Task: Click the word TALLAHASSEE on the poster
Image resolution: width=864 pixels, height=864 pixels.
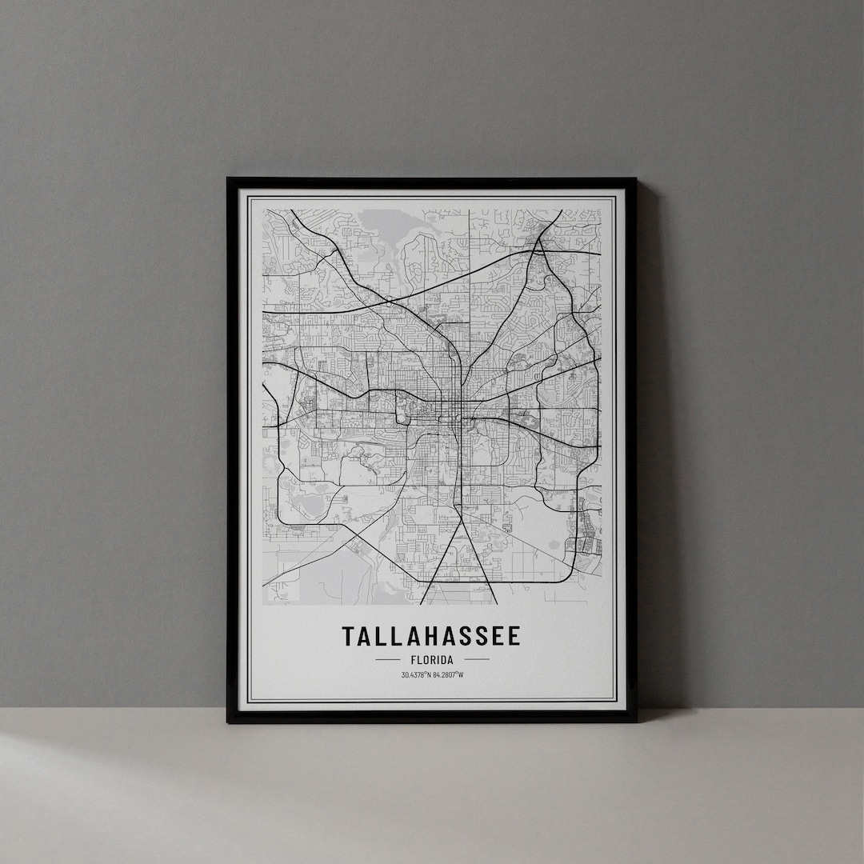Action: coord(431,637)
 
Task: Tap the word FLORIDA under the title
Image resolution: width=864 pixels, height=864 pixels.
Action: coord(432,660)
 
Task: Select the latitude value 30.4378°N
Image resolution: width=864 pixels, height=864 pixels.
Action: coord(416,674)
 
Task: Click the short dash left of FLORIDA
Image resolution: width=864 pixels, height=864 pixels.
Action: coord(387,660)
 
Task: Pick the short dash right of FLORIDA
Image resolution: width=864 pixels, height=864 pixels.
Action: coord(477,660)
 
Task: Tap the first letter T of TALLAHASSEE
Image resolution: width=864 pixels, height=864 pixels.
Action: coord(348,637)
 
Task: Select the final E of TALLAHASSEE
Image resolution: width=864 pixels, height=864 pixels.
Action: coord(514,637)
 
